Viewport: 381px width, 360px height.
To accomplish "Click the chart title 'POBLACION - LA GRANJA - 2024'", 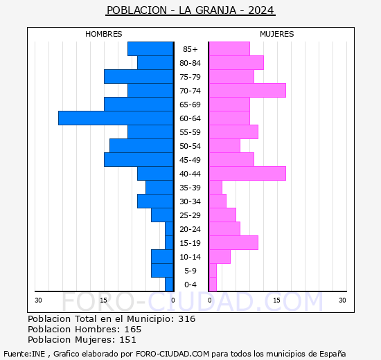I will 190,10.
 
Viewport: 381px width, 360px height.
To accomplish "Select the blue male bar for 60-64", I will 116,118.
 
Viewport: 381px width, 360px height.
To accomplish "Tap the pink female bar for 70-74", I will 247,90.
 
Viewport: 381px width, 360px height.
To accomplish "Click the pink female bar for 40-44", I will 247,173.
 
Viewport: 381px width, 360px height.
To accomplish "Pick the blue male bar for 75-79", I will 139,76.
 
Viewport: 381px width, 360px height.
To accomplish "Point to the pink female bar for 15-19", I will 233,242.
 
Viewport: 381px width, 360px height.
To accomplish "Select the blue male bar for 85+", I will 150,48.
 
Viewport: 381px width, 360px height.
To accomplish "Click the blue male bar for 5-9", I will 162,270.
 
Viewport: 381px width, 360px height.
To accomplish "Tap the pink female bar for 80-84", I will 236,62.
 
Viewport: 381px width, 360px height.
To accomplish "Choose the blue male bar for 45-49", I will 139,159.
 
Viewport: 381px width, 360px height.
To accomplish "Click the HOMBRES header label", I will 104,34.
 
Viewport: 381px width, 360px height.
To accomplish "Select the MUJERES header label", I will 276,34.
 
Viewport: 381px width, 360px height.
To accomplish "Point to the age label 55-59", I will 190,132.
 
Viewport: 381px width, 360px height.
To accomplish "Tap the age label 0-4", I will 190,285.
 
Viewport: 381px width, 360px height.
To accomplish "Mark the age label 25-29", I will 190,215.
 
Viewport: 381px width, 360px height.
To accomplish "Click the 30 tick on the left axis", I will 39,300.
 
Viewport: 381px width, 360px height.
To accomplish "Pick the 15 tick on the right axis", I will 276,300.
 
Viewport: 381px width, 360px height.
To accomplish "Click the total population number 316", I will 187,319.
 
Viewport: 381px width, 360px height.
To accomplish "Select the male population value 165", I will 132,330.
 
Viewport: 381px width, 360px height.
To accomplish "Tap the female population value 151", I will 129,340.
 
